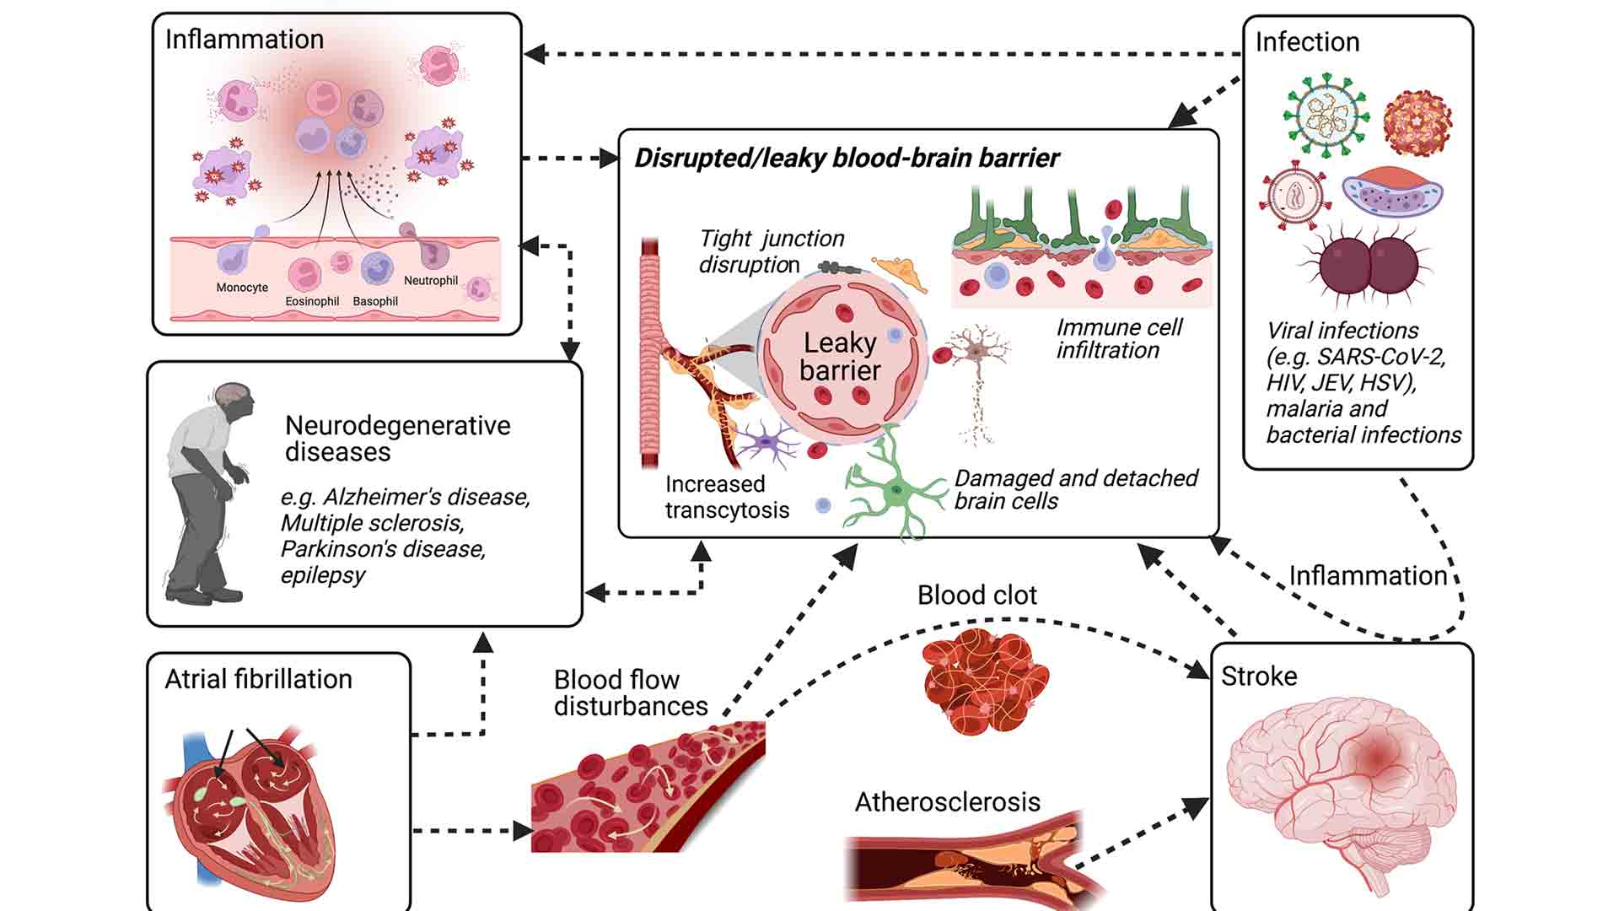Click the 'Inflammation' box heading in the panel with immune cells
tap(245, 40)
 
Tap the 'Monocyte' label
tap(242, 288)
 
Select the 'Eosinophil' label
tap(312, 301)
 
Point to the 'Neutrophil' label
tap(430, 281)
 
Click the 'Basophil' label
tap(375, 301)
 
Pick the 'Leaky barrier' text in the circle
tap(840, 357)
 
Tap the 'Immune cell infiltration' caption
tap(1118, 338)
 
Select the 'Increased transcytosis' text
tap(727, 497)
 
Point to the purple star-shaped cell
tap(766, 442)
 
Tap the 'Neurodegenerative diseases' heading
tap(396, 438)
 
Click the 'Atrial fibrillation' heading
tap(258, 679)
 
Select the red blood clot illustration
tap(984, 682)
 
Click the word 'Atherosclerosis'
tap(947, 801)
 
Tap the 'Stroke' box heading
tap(1258, 677)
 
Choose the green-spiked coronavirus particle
tap(1326, 116)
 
